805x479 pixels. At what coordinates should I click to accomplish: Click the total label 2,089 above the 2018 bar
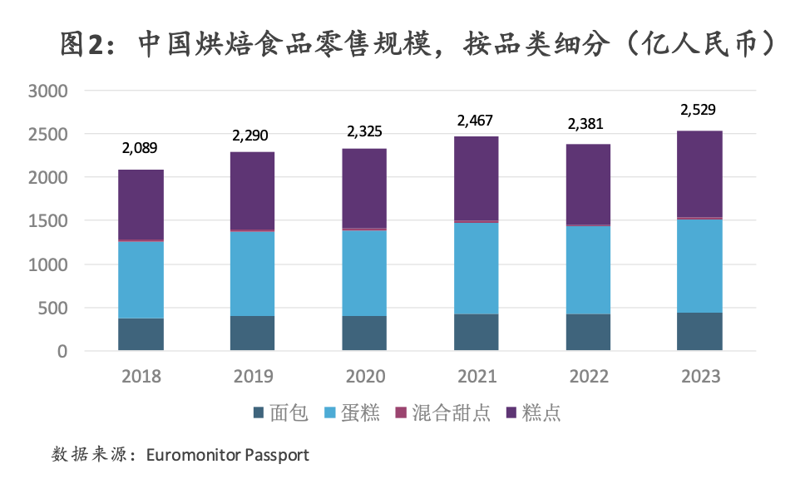[141, 148]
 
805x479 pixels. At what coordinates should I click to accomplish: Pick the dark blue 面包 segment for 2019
[253, 333]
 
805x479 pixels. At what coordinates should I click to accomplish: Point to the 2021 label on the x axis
[477, 376]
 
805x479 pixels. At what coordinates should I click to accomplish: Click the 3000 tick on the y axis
[48, 91]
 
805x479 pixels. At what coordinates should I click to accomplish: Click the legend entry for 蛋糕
[353, 413]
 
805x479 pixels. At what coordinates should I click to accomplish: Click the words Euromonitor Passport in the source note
[227, 455]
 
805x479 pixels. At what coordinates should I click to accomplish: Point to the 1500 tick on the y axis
[48, 221]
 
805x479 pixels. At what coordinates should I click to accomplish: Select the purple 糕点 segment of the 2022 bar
[588, 184]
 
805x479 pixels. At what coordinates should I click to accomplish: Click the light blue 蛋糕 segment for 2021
[477, 268]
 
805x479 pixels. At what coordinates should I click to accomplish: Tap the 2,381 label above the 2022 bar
[588, 124]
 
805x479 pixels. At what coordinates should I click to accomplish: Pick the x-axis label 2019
[253, 376]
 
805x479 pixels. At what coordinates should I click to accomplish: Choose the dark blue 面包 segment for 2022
[588, 332]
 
